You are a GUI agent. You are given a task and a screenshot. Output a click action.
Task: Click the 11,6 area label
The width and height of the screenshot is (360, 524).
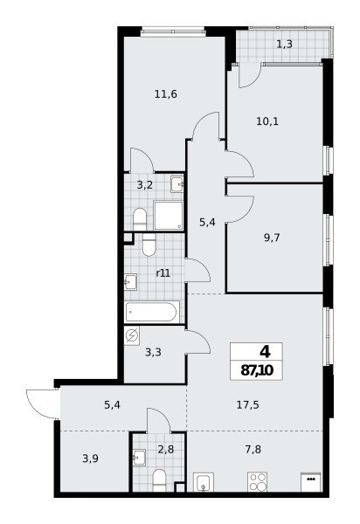click(x=166, y=94)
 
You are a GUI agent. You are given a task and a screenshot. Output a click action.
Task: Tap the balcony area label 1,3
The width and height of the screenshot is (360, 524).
click(x=285, y=44)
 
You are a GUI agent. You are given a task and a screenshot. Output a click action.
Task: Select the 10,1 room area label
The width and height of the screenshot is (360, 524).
click(x=267, y=121)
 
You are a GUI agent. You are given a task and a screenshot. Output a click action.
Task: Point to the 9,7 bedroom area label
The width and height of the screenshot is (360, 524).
click(x=272, y=238)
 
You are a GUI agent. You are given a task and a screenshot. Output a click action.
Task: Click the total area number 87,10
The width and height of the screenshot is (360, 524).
click(x=257, y=370)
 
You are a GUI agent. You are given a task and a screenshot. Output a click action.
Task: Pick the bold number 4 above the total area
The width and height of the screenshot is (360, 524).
click(x=266, y=352)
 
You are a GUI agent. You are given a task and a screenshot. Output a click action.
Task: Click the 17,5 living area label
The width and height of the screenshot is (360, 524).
click(x=247, y=405)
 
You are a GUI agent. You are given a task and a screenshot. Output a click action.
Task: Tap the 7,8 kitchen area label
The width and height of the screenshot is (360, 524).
click(x=253, y=450)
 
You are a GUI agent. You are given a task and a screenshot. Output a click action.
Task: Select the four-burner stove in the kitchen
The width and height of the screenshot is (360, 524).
click(x=257, y=481)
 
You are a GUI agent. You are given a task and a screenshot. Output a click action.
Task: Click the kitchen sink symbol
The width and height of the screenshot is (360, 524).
click(x=204, y=482)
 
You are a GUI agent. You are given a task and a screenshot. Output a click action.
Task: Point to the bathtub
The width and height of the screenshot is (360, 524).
click(x=152, y=312)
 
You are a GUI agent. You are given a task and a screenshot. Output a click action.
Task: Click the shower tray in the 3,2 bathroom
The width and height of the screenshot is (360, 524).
click(x=169, y=215)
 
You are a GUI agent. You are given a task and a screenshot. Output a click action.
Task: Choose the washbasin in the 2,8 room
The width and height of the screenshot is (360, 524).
click(x=139, y=458)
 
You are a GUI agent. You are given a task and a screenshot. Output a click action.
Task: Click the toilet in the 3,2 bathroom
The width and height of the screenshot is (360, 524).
click(x=140, y=219)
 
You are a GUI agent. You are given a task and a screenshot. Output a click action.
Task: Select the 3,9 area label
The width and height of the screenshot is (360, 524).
click(x=91, y=458)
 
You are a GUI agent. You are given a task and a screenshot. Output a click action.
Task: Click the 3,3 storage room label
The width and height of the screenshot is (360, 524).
click(x=154, y=352)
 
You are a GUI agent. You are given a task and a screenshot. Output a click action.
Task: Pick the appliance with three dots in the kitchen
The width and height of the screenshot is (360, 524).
click(x=311, y=482)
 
